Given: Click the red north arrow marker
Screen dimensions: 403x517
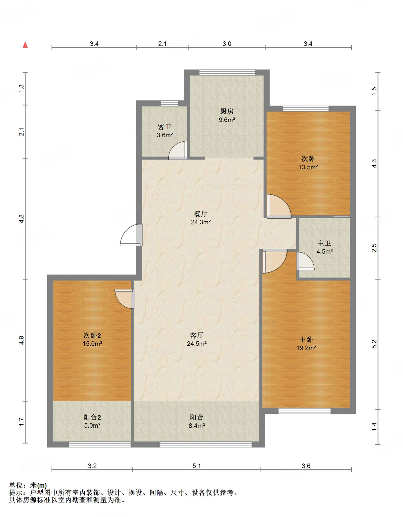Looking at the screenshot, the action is click(25, 45).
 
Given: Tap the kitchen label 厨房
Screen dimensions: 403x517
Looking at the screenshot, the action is click(227, 111).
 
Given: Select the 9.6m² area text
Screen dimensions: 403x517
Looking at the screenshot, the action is click(227, 120).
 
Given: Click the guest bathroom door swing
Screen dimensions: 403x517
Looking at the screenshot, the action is click(178, 150).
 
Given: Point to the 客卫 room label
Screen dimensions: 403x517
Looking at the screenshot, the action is click(164, 127).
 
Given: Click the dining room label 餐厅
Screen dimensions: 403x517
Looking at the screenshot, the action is click(201, 214).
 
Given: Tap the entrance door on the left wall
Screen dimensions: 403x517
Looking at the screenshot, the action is click(131, 235).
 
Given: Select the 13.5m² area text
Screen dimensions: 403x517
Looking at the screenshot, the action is click(308, 167).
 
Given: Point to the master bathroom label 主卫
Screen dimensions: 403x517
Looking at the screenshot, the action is click(324, 243).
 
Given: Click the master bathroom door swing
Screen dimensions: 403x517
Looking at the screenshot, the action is click(305, 261).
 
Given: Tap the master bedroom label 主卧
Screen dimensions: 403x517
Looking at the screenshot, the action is click(306, 340).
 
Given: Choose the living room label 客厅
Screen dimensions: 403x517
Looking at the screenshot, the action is click(197, 335).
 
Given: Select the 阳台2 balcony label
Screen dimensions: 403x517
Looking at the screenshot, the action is click(92, 417).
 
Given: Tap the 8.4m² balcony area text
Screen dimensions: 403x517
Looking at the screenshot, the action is click(197, 426).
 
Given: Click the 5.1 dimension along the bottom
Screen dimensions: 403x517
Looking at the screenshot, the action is click(197, 466).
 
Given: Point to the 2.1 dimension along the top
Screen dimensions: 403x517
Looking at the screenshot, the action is click(162, 44).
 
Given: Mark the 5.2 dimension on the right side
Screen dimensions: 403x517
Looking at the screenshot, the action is click(374, 344).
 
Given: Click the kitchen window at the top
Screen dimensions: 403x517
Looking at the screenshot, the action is click(227, 72).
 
